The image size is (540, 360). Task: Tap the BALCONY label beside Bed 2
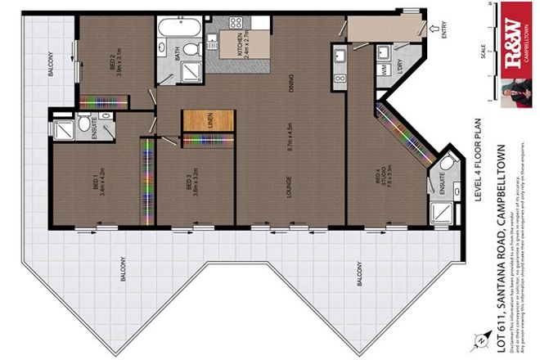[50, 65]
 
